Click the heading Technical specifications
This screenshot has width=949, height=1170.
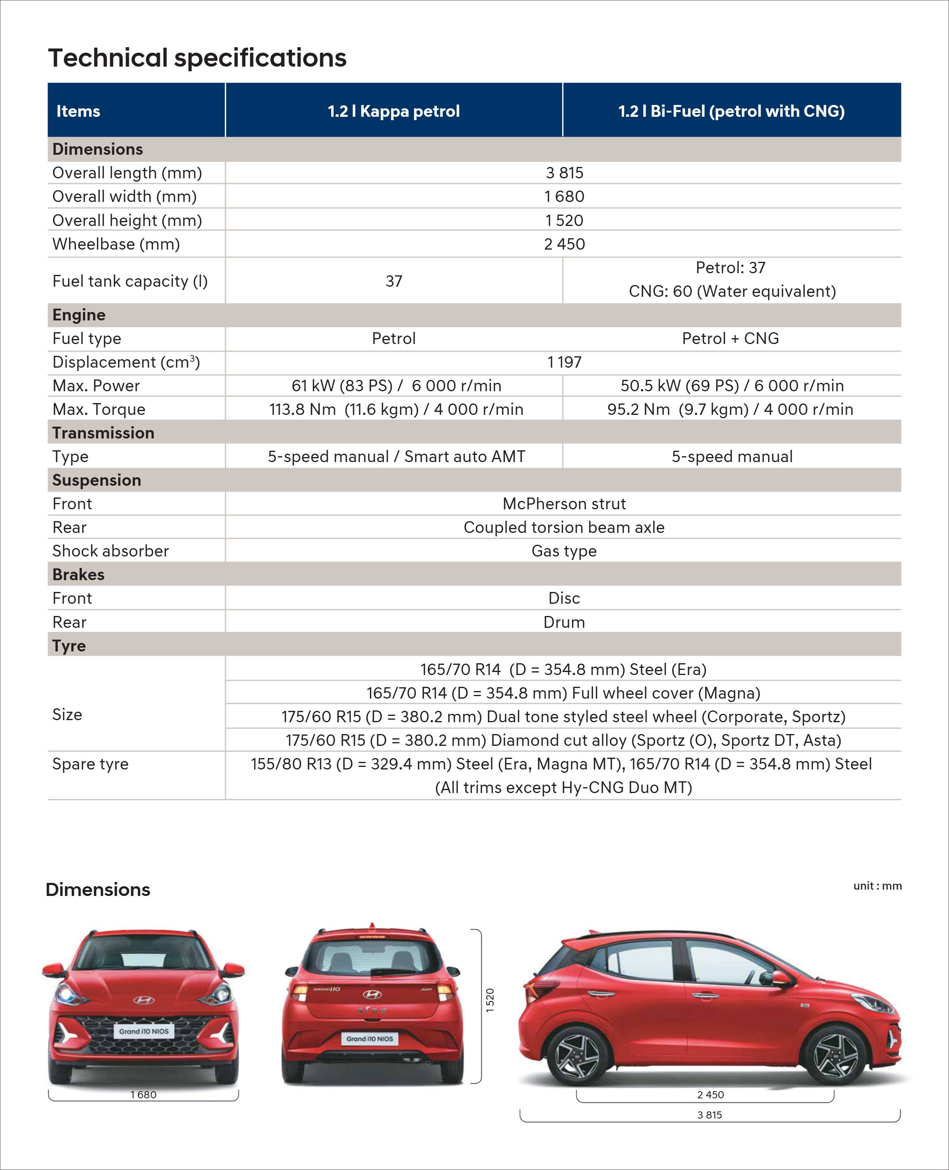(197, 58)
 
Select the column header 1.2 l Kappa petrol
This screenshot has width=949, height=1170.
(394, 111)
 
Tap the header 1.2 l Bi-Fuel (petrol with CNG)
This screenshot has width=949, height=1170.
(731, 111)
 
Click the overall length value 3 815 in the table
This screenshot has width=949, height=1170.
(564, 173)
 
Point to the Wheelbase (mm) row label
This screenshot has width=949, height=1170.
(116, 244)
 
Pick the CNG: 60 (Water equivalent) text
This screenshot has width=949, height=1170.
(732, 291)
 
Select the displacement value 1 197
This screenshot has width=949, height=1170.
(564, 362)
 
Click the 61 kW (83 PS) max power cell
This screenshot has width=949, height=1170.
(396, 386)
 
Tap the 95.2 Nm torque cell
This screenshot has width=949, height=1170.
(730, 409)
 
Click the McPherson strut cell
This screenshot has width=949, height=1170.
(564, 504)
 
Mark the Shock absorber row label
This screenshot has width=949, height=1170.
(111, 551)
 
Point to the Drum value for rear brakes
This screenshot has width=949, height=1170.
(564, 622)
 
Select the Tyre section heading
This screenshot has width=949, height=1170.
(69, 646)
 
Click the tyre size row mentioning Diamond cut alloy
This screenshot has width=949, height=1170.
(563, 740)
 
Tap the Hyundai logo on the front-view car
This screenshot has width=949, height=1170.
(144, 1001)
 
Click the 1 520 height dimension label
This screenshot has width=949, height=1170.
(490, 1000)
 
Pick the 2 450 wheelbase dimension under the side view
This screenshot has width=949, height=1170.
(710, 1095)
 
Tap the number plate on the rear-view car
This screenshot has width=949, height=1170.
(369, 1039)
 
